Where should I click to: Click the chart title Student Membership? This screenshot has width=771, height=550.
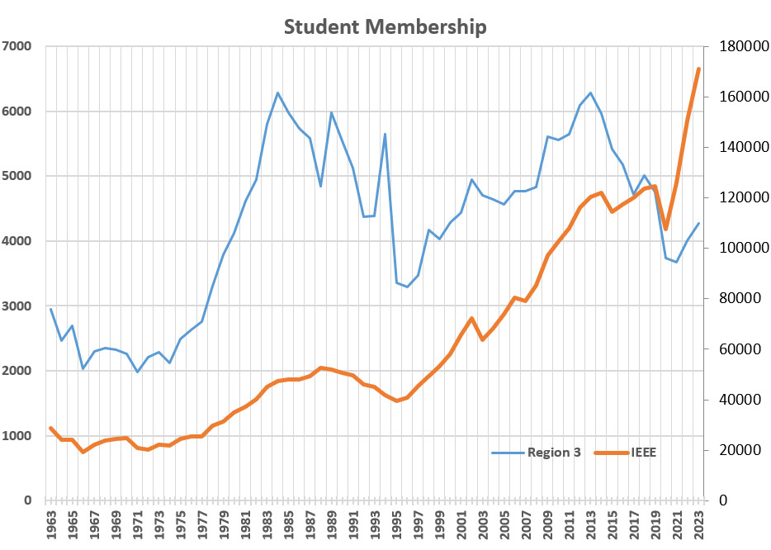pyautogui.click(x=385, y=27)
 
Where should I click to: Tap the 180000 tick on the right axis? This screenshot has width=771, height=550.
pyautogui.click(x=739, y=46)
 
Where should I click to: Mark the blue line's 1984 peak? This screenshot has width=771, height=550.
pyautogui.click(x=277, y=92)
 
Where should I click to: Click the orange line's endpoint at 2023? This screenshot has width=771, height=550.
pyautogui.click(x=698, y=69)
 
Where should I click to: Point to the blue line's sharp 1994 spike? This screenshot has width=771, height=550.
pyautogui.click(x=385, y=134)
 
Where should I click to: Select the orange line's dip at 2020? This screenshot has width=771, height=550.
pyautogui.click(x=666, y=229)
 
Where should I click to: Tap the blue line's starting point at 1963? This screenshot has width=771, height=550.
pyautogui.click(x=51, y=309)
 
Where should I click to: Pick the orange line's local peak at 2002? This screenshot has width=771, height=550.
pyautogui.click(x=471, y=318)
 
